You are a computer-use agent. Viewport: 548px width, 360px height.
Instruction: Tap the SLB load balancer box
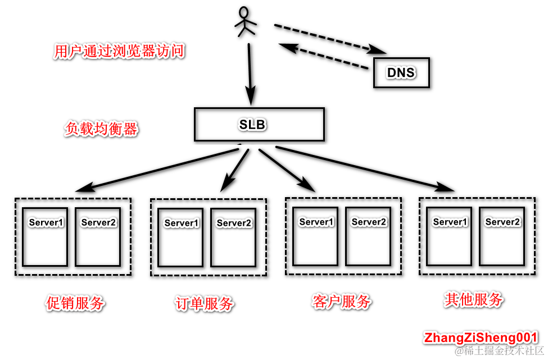pos(259,124)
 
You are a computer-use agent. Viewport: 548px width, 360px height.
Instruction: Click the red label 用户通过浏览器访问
pos(119,52)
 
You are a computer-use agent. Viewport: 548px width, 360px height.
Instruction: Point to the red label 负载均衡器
pos(101,129)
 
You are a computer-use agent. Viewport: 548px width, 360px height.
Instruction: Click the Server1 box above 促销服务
pos(46,236)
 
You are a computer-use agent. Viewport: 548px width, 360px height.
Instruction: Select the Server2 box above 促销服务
pos(98,236)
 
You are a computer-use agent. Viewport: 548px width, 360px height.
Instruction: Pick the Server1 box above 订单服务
pos(181,237)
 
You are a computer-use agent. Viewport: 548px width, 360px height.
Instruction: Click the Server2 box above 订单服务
pos(233,237)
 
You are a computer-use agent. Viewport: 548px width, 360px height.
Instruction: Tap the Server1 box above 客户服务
pos(316,236)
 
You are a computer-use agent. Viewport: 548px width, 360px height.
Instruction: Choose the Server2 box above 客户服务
pos(368,236)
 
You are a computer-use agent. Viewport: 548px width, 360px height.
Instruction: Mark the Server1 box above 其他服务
pos(450,236)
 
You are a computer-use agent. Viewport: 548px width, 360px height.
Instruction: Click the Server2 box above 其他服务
pos(502,236)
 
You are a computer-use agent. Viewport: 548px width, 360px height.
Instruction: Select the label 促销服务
pos(75,303)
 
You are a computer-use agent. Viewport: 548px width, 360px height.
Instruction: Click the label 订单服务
pos(204,304)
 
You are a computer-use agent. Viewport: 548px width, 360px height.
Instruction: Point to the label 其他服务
pos(473,299)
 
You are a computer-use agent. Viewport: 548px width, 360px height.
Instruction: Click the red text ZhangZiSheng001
pos(481,338)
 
